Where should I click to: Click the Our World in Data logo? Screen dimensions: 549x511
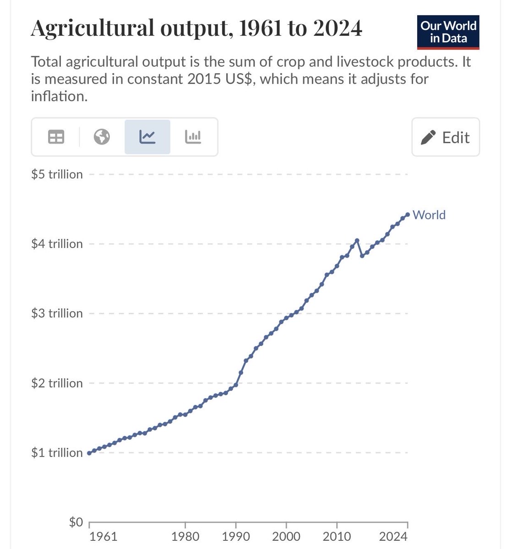point(448,32)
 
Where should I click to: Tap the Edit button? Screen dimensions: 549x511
point(446,137)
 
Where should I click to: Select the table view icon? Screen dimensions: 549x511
point(56,137)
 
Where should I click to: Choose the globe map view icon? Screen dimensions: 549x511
point(102,137)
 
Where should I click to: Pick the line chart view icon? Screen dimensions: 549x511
point(147,137)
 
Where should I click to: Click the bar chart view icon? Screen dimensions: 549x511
point(193,137)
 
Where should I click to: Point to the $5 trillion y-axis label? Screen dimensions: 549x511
point(57,174)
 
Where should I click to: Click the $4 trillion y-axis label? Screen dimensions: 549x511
point(57,244)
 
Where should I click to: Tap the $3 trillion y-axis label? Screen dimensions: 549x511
point(57,313)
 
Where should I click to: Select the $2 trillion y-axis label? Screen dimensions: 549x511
point(57,383)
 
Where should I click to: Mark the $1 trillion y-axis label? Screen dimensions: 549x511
point(57,452)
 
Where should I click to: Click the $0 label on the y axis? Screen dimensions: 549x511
point(76,522)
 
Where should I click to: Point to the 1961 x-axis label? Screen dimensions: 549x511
point(103,537)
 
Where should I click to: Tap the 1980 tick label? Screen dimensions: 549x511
point(185,537)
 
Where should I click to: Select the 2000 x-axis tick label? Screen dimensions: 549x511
point(286,537)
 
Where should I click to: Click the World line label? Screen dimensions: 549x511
point(429,215)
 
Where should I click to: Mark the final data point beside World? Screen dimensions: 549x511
point(408,214)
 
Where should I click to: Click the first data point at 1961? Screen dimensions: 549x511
point(89,453)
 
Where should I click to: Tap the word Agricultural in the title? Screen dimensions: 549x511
point(91,29)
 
